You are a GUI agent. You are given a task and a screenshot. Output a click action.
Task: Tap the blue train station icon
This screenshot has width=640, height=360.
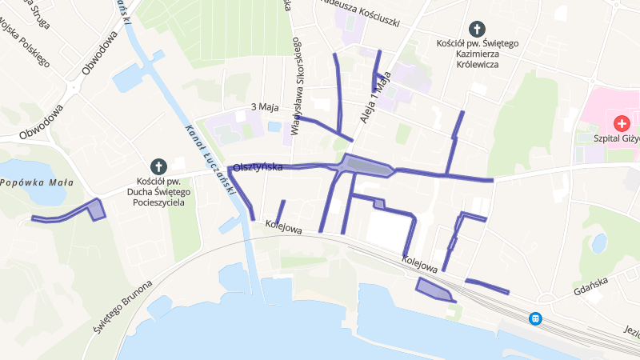point(535,318)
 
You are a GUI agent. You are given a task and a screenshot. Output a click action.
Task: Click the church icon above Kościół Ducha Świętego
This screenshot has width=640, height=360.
point(158,166)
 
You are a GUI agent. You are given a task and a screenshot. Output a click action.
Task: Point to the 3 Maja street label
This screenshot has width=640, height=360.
point(263,106)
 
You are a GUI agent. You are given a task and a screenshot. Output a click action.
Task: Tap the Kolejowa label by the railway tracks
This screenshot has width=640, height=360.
point(420,264)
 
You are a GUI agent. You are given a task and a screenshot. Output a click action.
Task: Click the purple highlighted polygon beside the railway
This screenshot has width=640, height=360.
point(432,288)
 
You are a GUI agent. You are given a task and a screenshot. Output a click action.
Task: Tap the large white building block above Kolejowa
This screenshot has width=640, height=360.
point(388,228)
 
